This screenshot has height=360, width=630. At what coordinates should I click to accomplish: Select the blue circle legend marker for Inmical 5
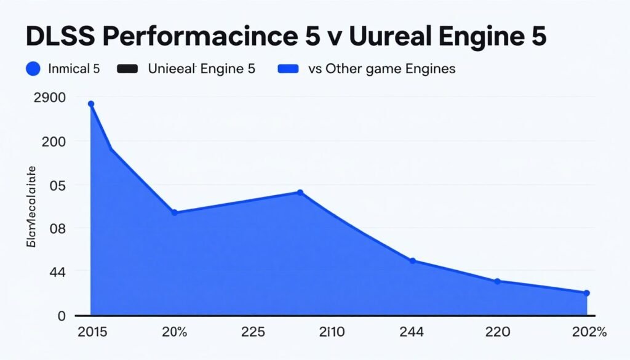tap(33, 69)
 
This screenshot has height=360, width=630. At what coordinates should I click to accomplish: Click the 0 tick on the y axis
tap(61, 316)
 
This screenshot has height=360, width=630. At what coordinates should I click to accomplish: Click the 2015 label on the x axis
tap(92, 332)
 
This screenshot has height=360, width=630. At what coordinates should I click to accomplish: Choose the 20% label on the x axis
tap(174, 332)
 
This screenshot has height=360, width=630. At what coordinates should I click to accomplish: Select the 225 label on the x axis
tap(252, 332)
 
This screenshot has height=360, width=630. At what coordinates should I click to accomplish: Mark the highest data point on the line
tap(91, 104)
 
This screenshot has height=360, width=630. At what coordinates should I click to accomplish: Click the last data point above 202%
tap(587, 293)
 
